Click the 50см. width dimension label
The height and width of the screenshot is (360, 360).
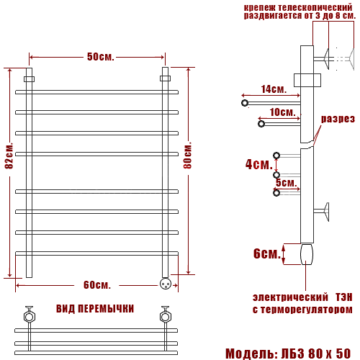(100, 57)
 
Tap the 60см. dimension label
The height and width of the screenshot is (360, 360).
(97, 285)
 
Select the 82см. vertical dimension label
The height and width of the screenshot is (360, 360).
(9, 156)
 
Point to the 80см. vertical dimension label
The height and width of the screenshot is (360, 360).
(188, 156)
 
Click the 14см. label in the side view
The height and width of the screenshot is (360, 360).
(274, 89)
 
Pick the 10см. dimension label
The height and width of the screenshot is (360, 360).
(282, 112)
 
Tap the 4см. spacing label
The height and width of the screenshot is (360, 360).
(258, 164)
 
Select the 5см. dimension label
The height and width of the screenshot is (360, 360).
(287, 183)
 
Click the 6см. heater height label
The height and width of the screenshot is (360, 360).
(267, 253)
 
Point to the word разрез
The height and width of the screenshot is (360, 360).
(338, 119)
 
